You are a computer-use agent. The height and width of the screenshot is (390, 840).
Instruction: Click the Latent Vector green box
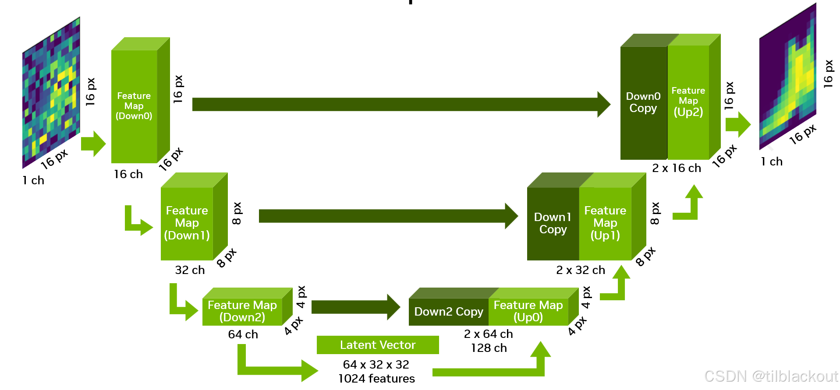(x=377, y=345)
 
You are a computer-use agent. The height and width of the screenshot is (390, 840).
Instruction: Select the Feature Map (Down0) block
(x=134, y=106)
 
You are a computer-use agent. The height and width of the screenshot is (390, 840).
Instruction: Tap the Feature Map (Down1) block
(x=187, y=223)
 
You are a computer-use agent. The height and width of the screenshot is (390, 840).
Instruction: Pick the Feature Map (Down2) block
(x=242, y=311)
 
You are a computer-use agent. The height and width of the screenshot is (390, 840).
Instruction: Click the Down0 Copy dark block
(x=643, y=102)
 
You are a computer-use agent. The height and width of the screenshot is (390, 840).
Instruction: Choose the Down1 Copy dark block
(x=553, y=223)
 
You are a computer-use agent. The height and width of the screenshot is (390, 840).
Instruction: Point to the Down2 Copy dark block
(x=448, y=312)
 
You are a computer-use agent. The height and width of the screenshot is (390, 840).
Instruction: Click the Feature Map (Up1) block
(x=605, y=223)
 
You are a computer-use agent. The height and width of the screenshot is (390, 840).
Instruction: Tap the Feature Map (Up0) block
(x=528, y=311)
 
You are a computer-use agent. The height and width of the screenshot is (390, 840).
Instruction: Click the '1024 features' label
(x=376, y=379)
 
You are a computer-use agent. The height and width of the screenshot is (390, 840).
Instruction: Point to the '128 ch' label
(x=489, y=348)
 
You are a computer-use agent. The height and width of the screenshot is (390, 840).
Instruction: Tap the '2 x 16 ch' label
(x=676, y=168)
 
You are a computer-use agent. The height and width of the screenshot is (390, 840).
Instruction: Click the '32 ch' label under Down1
(x=190, y=270)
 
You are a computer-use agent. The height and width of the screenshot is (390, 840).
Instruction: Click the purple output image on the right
(x=787, y=77)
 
